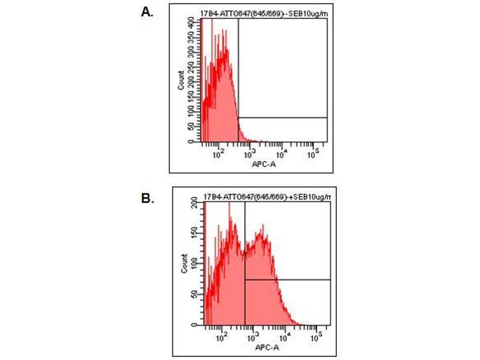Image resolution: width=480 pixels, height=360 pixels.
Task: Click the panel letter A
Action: [x=146, y=11]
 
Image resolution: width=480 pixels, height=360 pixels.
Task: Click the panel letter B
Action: [x=148, y=198]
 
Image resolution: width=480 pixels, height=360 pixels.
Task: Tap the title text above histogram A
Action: [x=264, y=13]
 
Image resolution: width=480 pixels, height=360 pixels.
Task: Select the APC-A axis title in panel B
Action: [x=265, y=347]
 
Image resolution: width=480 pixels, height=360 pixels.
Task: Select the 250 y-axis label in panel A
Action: [x=191, y=66]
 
